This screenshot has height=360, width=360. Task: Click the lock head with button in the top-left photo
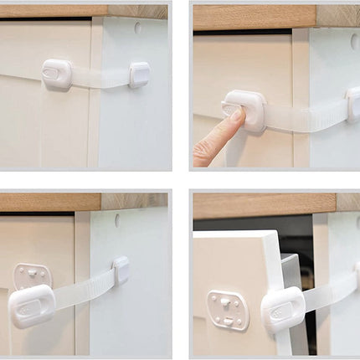[x=57, y=75]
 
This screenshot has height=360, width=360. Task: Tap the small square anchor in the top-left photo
[x=139, y=75]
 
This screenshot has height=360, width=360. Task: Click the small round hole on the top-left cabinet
[x=137, y=28]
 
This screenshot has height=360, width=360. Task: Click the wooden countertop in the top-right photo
[x=251, y=16]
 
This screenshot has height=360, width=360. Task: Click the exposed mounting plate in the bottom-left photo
[x=28, y=275]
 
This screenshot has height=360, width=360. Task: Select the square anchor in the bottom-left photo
[x=121, y=269]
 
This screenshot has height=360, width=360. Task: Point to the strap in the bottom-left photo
[x=84, y=288]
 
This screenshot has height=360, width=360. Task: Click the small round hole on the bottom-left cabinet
[x=117, y=220]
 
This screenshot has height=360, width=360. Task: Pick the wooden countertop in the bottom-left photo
[x=50, y=201]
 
